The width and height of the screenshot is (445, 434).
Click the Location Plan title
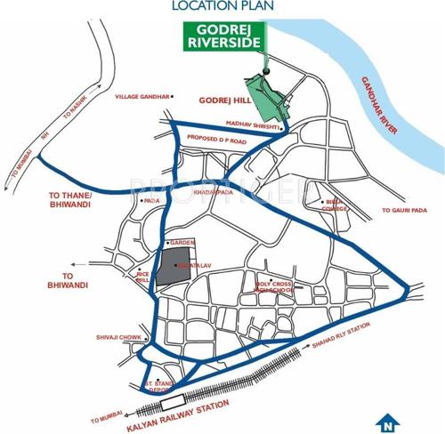pyautogui.click(x=222, y=7)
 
